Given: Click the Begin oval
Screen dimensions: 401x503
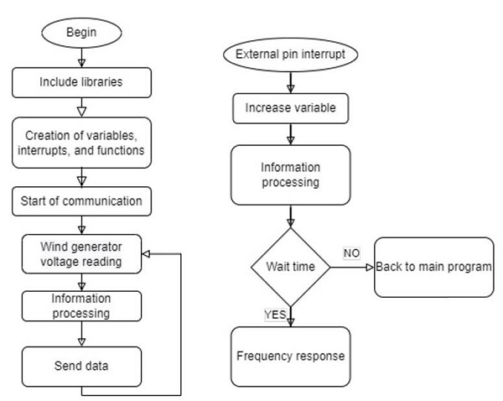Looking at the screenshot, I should pos(82,34).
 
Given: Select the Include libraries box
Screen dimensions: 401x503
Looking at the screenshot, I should pos(82,82).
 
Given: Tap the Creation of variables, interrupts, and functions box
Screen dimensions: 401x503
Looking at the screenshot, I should pos(82,143).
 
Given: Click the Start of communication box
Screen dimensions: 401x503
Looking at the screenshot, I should pos(82,201).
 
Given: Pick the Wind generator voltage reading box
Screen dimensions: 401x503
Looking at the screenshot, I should pos(82,253).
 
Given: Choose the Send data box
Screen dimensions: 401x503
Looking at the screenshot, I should pos(82,367).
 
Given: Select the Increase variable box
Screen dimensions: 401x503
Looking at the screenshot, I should pos(290,108).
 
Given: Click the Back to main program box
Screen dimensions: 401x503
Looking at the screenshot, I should pos(433,268).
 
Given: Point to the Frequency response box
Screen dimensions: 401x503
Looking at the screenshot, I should pos(290,356).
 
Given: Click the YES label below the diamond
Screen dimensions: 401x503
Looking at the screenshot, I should pos(275,316).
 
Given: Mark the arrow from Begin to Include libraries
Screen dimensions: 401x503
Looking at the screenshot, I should pos(82,59).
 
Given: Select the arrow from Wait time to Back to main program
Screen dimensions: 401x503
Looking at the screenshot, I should pos(352,268).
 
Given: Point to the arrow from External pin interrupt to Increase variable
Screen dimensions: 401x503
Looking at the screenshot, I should pos(290,82).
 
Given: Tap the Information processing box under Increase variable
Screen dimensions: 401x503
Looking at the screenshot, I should pos(290,174).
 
